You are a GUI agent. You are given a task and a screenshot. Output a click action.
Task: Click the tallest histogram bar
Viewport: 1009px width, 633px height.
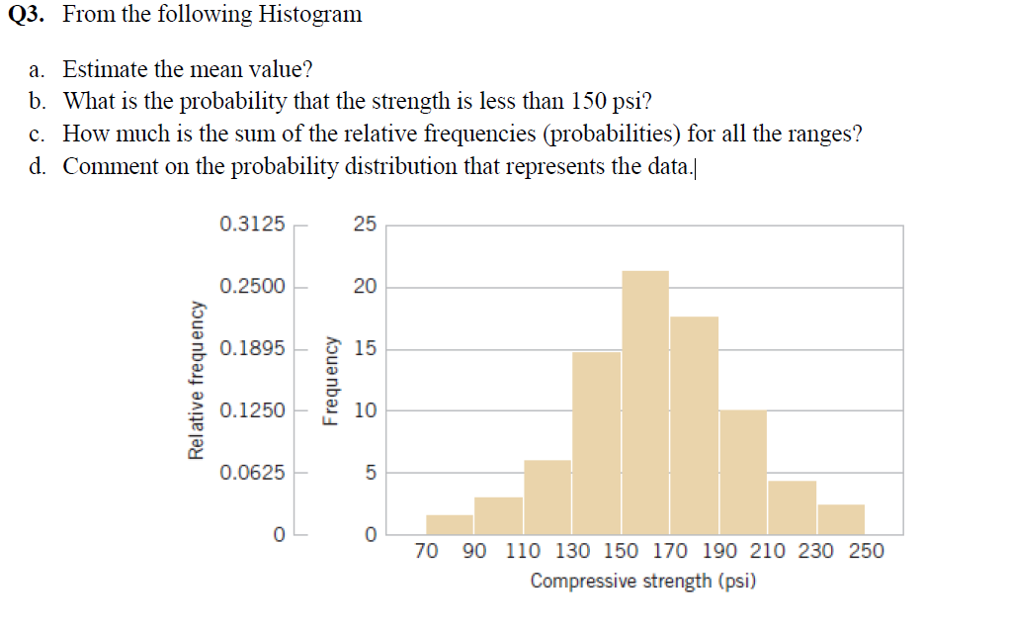(644, 401)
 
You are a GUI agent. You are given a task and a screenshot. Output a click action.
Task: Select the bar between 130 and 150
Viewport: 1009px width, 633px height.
(596, 441)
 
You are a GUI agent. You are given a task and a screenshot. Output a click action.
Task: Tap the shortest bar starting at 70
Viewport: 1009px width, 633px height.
(450, 523)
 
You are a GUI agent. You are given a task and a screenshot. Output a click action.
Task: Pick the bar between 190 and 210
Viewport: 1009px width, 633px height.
(742, 471)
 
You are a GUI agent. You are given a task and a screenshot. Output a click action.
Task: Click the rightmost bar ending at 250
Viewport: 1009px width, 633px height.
(841, 519)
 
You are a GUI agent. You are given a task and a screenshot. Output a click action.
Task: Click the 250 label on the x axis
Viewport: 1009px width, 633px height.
(866, 552)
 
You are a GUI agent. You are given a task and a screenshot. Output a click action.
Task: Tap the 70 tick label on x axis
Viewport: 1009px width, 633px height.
(426, 552)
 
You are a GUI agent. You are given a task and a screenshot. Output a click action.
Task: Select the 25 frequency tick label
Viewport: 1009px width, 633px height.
(365, 226)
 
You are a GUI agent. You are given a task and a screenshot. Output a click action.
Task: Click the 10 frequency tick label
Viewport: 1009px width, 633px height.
(365, 410)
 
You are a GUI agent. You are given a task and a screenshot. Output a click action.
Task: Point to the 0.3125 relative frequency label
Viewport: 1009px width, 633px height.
(252, 225)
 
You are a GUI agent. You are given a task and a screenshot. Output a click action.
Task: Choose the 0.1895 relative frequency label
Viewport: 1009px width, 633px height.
(252, 349)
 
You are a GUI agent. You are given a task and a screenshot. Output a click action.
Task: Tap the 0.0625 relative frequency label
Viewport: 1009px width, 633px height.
(252, 473)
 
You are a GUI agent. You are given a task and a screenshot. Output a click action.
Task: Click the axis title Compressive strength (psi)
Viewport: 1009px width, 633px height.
(643, 581)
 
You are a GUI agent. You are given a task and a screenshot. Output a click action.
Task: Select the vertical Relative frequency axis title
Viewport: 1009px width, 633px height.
(197, 379)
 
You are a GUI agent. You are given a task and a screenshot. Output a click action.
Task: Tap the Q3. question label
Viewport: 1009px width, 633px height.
(30, 15)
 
